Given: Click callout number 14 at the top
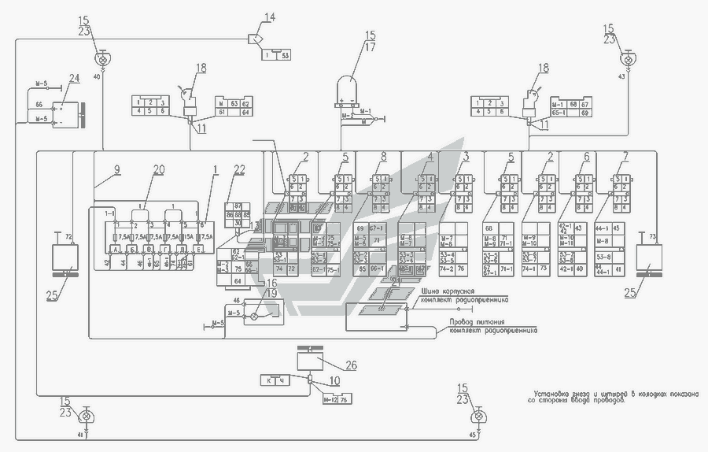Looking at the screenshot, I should click(x=270, y=17).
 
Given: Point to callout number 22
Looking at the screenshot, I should click(x=239, y=170).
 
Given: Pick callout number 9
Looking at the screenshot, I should click(x=116, y=169).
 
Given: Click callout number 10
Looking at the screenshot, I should click(x=334, y=381).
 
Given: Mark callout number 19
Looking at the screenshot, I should click(x=270, y=295).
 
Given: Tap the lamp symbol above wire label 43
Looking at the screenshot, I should click(x=627, y=59).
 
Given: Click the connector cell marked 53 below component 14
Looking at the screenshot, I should click(x=284, y=55).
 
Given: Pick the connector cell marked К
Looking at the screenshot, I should click(x=270, y=381).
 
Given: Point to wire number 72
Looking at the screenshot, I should click(x=68, y=236).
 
